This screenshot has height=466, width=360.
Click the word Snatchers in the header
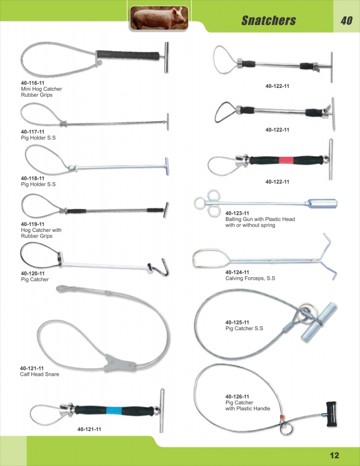(269, 21)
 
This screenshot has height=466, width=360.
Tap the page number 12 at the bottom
(334, 456)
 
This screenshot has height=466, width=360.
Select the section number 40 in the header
(346, 21)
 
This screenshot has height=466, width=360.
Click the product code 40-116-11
(33, 83)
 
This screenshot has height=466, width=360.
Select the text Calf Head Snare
(39, 374)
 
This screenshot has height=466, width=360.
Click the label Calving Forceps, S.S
(250, 278)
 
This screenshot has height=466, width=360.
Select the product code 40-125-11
(237, 322)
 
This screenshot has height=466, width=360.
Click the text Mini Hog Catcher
(41, 89)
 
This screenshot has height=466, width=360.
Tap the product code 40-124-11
(237, 272)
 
